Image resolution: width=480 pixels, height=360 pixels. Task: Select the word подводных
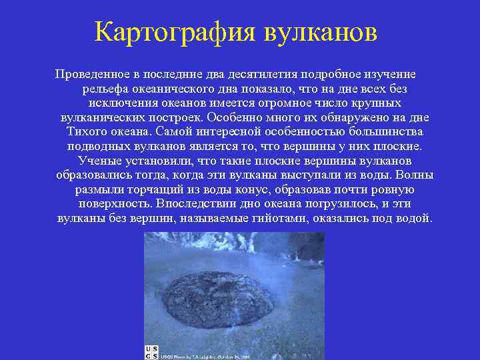pyautogui.click(x=95, y=147)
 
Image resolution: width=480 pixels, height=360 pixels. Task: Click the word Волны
pyautogui.click(x=414, y=175)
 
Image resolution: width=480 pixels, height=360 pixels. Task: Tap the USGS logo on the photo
pyautogui.click(x=151, y=353)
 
